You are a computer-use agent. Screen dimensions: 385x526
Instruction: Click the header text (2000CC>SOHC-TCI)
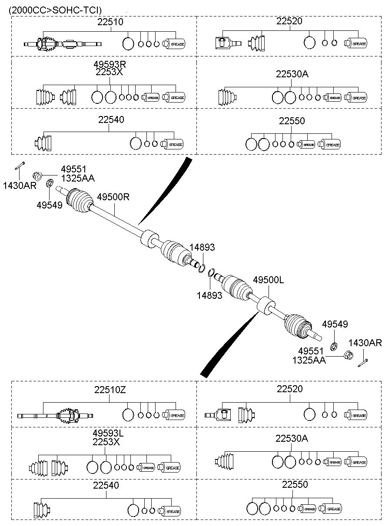[x=55, y=10]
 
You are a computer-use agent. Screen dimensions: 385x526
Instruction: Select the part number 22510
[x=110, y=22]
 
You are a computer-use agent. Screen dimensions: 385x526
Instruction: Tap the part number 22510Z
[x=110, y=390]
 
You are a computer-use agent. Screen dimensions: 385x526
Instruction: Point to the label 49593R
[x=110, y=64]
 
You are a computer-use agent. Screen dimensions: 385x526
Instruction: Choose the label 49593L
[x=108, y=433]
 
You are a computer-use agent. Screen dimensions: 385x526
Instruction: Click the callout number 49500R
[x=113, y=197]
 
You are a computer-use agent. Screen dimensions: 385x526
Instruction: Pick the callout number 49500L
[x=268, y=280]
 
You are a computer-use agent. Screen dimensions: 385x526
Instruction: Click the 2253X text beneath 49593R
[x=109, y=72]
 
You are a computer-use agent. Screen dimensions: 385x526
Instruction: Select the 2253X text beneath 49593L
[x=106, y=442]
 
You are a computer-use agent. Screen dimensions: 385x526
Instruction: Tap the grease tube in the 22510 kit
[x=174, y=44]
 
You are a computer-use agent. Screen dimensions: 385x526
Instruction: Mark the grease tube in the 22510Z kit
[x=174, y=415]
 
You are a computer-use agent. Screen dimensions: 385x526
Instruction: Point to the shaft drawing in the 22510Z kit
[x=55, y=416]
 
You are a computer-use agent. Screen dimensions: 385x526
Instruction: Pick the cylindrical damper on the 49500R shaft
[x=149, y=238]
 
